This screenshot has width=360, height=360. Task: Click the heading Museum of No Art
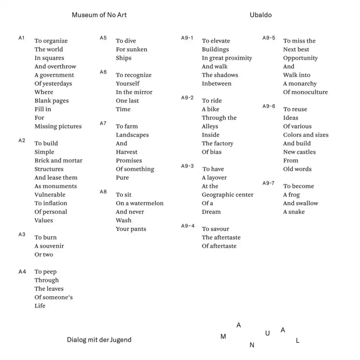tap(99, 15)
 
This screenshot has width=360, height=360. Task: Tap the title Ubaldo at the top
tap(261, 15)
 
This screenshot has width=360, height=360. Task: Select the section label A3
tap(22, 234)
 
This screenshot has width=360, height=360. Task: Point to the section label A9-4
tap(188, 226)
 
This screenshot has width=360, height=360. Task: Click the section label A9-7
tap(269, 183)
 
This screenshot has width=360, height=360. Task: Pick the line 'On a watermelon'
tap(140, 203)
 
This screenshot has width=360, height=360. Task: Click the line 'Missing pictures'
tap(58, 126)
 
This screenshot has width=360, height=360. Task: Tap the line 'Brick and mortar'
tap(58, 160)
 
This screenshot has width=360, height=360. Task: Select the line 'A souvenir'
tap(49, 246)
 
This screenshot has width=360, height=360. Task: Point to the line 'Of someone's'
tap(53, 297)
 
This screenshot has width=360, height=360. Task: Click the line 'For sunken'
tap(131, 49)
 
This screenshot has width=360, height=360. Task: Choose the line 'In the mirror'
tap(134, 92)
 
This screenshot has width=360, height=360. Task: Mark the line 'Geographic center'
tap(227, 195)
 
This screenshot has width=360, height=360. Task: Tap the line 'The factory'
tap(217, 143)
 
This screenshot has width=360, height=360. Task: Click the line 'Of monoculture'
tap(305, 92)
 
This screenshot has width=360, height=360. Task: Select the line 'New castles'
tap(300, 152)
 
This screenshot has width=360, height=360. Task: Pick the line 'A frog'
tap(291, 195)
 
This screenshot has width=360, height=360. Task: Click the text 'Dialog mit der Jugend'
tap(99, 340)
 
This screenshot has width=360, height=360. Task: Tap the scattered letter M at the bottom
tap(223, 337)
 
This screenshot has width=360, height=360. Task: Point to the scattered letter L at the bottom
tap(298, 341)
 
